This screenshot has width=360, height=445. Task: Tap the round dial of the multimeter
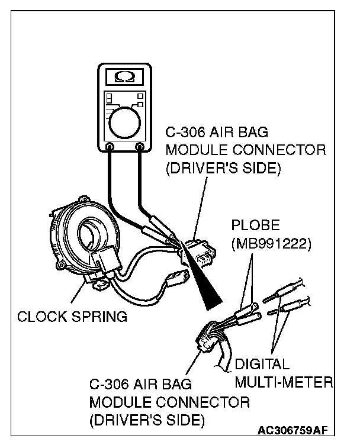pyautogui.click(x=124, y=122)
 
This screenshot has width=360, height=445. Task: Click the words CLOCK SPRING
pyautogui.click(x=72, y=316)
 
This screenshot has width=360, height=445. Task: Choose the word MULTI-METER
pyautogui.click(x=284, y=382)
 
